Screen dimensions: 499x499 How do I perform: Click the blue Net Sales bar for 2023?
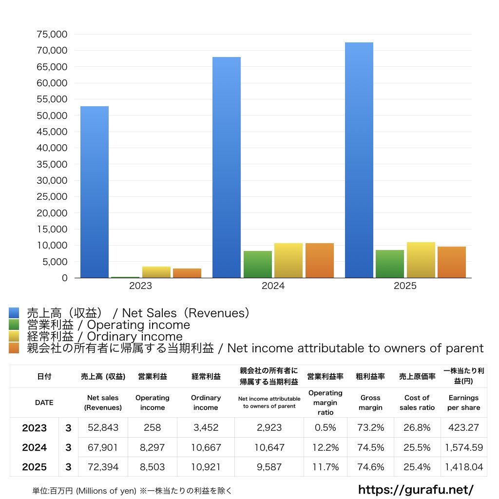click(x=95, y=192)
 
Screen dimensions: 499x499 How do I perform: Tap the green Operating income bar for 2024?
click(x=258, y=264)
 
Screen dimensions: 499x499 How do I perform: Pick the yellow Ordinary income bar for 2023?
click(x=156, y=272)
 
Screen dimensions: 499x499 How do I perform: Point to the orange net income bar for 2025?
click(x=452, y=262)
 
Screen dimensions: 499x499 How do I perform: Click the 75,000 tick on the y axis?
click(x=52, y=35)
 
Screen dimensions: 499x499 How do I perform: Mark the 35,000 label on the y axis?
click(x=52, y=164)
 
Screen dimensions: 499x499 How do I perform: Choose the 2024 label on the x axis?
click(x=273, y=286)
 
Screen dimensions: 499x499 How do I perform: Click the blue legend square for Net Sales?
click(x=14, y=313)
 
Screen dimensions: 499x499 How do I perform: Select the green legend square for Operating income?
click(x=14, y=325)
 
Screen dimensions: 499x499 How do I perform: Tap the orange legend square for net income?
click(x=14, y=348)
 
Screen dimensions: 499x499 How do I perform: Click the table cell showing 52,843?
click(x=103, y=428)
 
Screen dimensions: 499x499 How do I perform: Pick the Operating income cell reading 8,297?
click(x=152, y=447)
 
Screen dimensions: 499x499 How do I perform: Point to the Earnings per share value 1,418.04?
click(x=463, y=467)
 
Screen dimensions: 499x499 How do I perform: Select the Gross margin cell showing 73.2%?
click(x=370, y=428)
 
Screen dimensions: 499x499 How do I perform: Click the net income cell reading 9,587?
click(x=269, y=467)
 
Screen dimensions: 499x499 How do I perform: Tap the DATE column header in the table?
click(x=44, y=403)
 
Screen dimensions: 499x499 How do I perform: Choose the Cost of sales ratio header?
click(x=417, y=403)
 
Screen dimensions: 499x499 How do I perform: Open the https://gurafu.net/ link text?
click(x=416, y=489)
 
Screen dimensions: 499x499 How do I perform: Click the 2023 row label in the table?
click(x=34, y=428)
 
